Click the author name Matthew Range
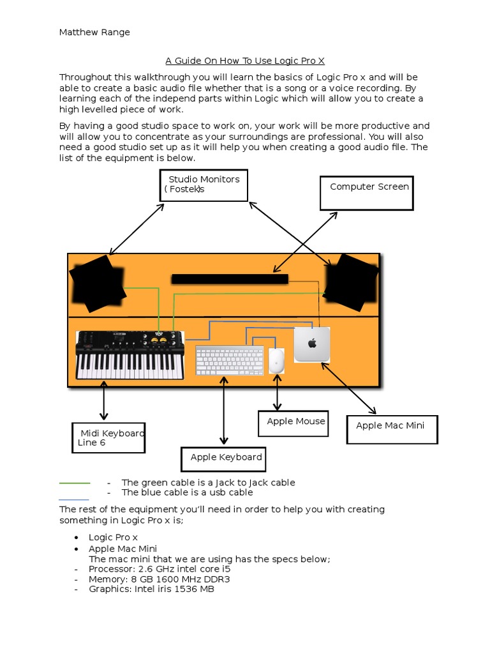pyautogui.click(x=94, y=33)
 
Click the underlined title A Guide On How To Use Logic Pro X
pyautogui.click(x=245, y=61)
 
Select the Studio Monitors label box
pyautogui.click(x=204, y=185)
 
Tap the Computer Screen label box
pyautogui.click(x=367, y=193)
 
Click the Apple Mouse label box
pyautogui.click(x=293, y=423)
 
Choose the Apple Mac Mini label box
pyautogui.click(x=392, y=429)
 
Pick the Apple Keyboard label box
pyautogui.click(x=223, y=459)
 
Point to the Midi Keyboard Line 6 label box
pyautogui.click(x=108, y=437)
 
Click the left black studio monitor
pyautogui.click(x=98, y=283)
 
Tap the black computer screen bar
pyautogui.click(x=230, y=278)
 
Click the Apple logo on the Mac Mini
pyautogui.click(x=312, y=344)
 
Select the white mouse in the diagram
pyautogui.click(x=276, y=360)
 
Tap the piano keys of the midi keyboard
pyautogui.click(x=128, y=366)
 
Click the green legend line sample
pyautogui.click(x=75, y=483)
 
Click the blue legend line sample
pyautogui.click(x=74, y=499)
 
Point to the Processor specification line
pyautogui.click(x=160, y=568)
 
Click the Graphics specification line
pyautogui.click(x=151, y=589)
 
